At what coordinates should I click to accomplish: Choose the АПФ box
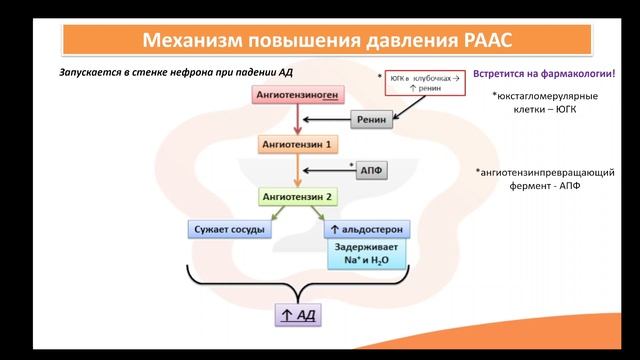point(367,170)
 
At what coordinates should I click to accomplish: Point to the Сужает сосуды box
point(227,230)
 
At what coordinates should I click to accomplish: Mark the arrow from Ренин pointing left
point(324,121)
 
